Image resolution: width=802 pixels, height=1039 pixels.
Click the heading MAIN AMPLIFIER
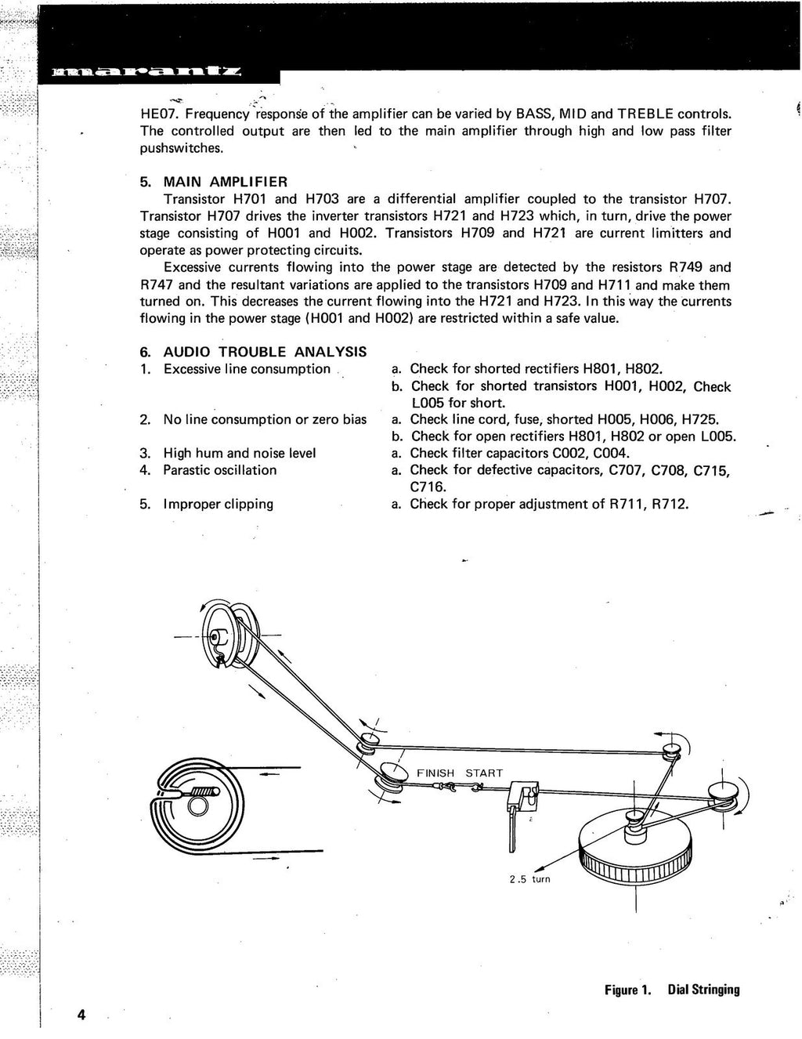pyautogui.click(x=214, y=182)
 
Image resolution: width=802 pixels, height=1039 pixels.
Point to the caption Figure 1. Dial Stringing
pyautogui.click(x=671, y=989)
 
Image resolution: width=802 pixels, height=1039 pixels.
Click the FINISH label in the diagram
pyautogui.click(x=435, y=773)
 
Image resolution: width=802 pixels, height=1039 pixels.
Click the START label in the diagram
pyautogui.click(x=484, y=773)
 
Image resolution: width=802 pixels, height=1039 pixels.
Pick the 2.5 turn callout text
pyautogui.click(x=529, y=879)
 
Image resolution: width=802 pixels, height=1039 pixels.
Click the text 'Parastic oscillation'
pyautogui.click(x=219, y=470)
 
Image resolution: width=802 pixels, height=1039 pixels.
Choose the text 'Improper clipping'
pyautogui.click(x=218, y=504)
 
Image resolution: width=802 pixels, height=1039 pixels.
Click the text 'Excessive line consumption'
pyautogui.click(x=247, y=369)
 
